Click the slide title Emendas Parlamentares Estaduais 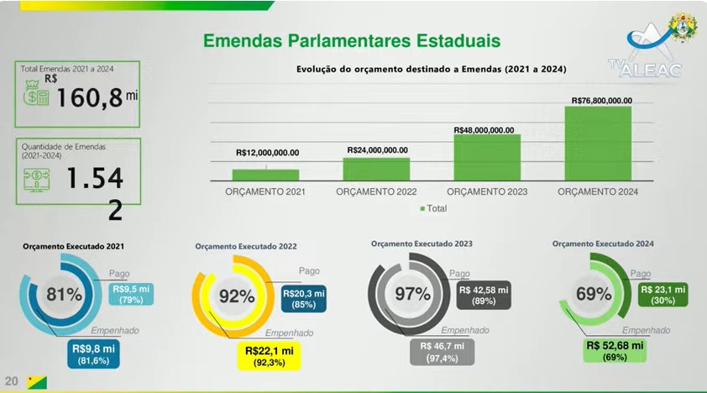pyautogui.click(x=353, y=39)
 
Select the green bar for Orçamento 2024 pyautogui.click(x=598, y=144)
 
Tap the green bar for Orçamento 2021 pyautogui.click(x=265, y=175)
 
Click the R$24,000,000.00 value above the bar pyautogui.click(x=377, y=149)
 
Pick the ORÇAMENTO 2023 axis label pyautogui.click(x=485, y=192)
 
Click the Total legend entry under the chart pyautogui.click(x=433, y=207)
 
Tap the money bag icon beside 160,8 pyautogui.click(x=37, y=93)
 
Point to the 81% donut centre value pyautogui.click(x=64, y=295)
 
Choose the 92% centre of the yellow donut pyautogui.click(x=236, y=296)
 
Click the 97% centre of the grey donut pyautogui.click(x=411, y=294)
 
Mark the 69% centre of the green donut pyautogui.click(x=594, y=294)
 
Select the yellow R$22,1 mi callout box pyautogui.click(x=269, y=355)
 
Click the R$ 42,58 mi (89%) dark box pyautogui.click(x=484, y=295)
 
